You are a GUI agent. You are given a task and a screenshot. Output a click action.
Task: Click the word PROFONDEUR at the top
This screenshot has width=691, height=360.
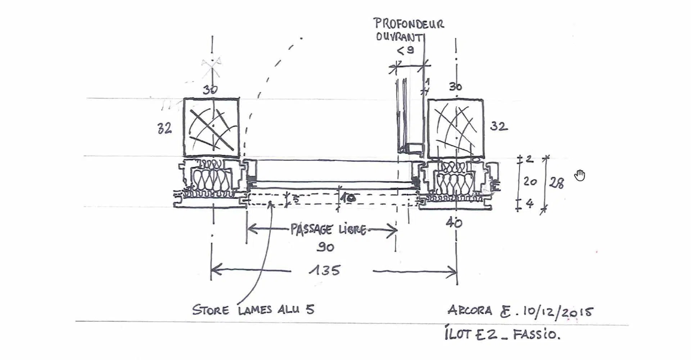pyautogui.click(x=410, y=23)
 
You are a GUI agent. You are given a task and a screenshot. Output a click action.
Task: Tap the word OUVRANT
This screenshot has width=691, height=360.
pyautogui.click(x=398, y=37)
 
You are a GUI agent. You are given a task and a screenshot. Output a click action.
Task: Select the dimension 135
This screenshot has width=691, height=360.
pyautogui.click(x=325, y=270)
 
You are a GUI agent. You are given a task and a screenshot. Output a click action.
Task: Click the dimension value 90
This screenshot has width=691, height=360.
pyautogui.click(x=325, y=247)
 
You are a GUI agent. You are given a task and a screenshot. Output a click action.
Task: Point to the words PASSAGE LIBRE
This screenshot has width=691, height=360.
pyautogui.click(x=328, y=229)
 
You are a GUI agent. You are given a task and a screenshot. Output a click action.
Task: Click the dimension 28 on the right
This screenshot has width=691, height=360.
pyautogui.click(x=556, y=183)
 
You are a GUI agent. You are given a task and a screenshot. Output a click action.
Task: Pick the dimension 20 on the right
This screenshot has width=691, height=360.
pyautogui.click(x=530, y=182)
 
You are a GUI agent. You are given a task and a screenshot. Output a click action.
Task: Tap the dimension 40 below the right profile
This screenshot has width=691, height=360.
pyautogui.click(x=454, y=223)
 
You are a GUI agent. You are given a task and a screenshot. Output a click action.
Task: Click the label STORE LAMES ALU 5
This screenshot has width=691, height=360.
pyautogui.click(x=253, y=310)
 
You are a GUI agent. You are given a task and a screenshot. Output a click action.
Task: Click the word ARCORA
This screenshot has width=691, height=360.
pyautogui.click(x=469, y=310)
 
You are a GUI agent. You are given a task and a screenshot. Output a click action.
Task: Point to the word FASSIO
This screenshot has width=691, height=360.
pyautogui.click(x=536, y=335)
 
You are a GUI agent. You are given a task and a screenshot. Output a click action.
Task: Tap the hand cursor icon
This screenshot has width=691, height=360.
pyautogui.click(x=580, y=176)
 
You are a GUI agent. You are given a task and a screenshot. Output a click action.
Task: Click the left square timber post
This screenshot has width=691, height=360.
pyautogui.click(x=211, y=128)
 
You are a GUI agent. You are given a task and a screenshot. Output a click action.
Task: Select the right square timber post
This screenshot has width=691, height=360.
pyautogui.click(x=455, y=129)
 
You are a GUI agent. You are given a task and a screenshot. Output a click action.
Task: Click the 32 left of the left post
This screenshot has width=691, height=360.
pyautogui.click(x=164, y=129)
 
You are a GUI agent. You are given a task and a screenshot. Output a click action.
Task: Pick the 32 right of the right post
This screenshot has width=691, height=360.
pyautogui.click(x=499, y=126)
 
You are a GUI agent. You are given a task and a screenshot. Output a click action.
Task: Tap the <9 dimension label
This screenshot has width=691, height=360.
pyautogui.click(x=406, y=50)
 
